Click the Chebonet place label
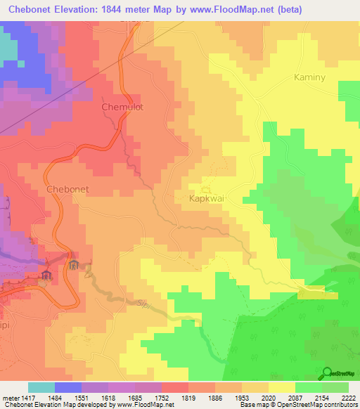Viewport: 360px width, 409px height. click(67, 189)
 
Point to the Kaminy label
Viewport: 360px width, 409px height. click(310, 77)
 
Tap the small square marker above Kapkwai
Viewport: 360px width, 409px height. click(206, 189)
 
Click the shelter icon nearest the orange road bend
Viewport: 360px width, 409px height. click(74, 264)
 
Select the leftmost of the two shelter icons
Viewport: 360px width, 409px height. click(46, 273)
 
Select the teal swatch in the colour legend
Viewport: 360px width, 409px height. click(41, 387)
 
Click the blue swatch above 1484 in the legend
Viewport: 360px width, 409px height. click(68, 387)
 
